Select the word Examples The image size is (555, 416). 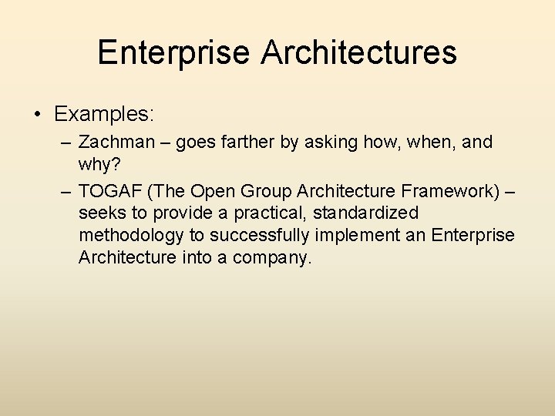click(x=104, y=115)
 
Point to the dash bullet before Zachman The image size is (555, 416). click(x=64, y=143)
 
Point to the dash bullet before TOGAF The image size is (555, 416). click(x=64, y=190)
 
